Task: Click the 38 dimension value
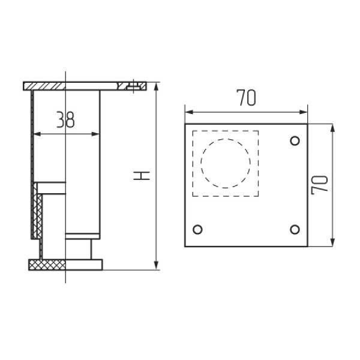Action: (x=65, y=121)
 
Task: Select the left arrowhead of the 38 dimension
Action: (x=35, y=133)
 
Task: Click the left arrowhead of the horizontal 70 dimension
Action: (x=188, y=111)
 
